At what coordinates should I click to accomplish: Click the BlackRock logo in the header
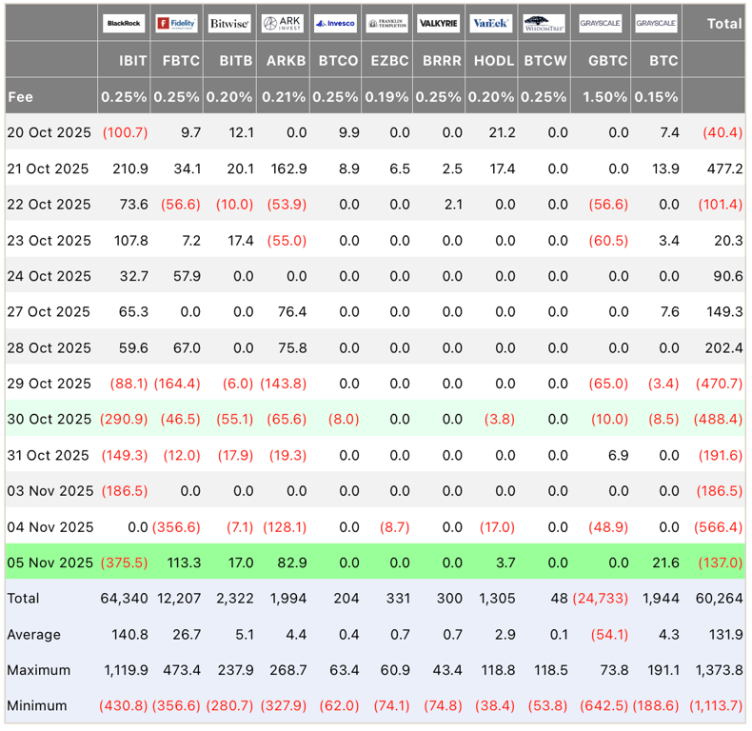pos(126,23)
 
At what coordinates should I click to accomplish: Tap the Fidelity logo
pos(176,23)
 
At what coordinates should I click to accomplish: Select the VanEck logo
pos(491,23)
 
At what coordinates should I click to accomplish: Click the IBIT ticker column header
pos(133,60)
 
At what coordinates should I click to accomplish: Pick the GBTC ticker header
pos(607,60)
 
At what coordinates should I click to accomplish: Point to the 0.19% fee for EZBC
pos(387,96)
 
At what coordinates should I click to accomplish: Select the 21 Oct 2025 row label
pos(48,168)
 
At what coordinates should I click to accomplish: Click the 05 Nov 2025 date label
pos(49,563)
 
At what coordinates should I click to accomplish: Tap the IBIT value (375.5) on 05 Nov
pos(125,563)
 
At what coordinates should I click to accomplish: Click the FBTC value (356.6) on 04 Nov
pos(177,526)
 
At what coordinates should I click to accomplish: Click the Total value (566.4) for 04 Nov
pos(720,526)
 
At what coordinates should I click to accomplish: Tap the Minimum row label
pos(37,705)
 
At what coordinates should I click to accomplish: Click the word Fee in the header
pos(20,96)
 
